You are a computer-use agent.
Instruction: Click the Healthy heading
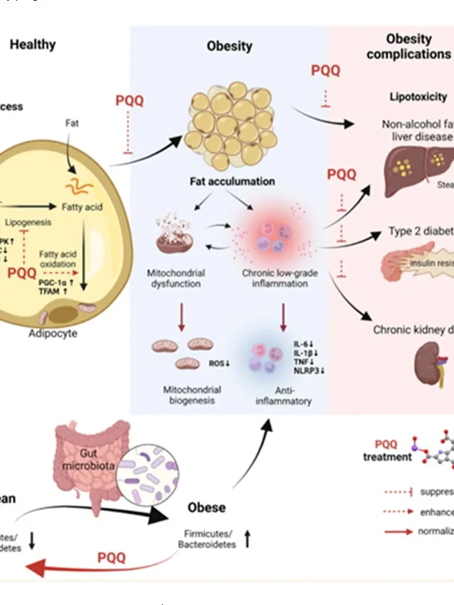click(32, 45)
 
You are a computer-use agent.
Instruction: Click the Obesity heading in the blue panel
click(230, 46)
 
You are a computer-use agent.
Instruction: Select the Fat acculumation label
click(230, 180)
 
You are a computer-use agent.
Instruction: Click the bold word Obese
click(207, 506)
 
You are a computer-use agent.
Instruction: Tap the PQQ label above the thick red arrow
click(112, 558)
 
